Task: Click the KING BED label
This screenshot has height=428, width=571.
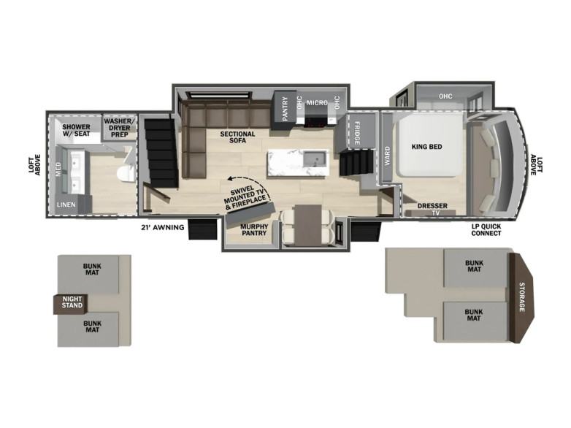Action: coord(427,147)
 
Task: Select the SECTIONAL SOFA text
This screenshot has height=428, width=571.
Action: coord(237,137)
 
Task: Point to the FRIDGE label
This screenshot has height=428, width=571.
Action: coord(357,133)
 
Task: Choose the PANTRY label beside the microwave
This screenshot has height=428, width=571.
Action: coord(285,109)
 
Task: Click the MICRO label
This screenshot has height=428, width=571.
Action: coord(316,103)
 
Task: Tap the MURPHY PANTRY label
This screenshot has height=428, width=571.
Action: coord(254,230)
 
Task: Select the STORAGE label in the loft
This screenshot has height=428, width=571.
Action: coord(522,297)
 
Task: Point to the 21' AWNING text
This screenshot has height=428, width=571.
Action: coord(162,228)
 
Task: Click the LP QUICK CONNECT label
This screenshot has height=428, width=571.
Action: coord(486,230)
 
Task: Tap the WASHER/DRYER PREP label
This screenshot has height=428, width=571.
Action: coord(120,128)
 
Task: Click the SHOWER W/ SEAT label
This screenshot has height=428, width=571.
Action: coord(76,131)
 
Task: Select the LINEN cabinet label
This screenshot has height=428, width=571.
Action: coord(66,205)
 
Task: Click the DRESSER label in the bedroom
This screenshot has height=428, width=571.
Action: coord(432,206)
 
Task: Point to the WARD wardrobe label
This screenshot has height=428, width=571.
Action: coord(387,156)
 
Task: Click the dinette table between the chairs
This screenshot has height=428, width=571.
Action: coord(308,224)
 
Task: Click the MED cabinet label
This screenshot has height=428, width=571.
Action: coord(58,169)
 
